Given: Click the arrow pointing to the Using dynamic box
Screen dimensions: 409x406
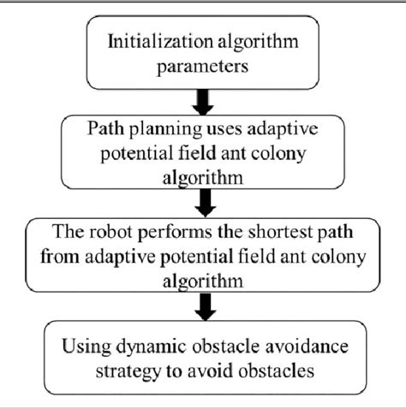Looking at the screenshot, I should (203, 306).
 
